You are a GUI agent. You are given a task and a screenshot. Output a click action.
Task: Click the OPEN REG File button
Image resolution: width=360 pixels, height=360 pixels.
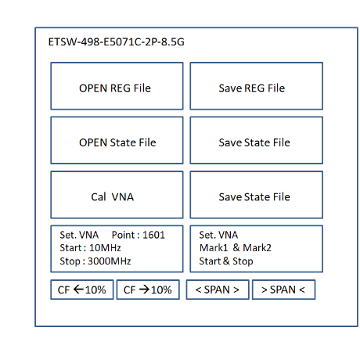(x=117, y=86)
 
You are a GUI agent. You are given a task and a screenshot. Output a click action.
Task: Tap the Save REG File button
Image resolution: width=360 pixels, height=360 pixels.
(x=257, y=86)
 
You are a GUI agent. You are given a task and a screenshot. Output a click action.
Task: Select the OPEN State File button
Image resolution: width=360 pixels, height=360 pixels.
(x=117, y=140)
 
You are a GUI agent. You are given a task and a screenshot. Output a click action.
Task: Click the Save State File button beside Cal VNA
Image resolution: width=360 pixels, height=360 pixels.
(x=257, y=195)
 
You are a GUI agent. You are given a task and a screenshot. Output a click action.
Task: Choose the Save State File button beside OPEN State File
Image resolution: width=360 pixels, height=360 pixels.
(x=257, y=140)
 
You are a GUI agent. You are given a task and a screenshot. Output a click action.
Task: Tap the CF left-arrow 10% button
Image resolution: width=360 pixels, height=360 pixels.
(x=82, y=290)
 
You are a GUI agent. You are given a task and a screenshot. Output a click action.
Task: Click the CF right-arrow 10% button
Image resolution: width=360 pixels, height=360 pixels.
(x=148, y=290)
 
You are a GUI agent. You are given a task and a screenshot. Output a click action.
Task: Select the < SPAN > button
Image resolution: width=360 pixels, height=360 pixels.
(x=218, y=290)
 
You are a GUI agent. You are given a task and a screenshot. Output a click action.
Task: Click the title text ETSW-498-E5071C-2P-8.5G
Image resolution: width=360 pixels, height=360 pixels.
(x=117, y=42)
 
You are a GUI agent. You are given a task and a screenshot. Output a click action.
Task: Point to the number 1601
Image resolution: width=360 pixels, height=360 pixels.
(x=154, y=235)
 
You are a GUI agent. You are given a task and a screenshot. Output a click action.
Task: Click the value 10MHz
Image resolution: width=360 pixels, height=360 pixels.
(x=105, y=248)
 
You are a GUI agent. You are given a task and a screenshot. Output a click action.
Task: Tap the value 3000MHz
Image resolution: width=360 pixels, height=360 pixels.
(x=110, y=261)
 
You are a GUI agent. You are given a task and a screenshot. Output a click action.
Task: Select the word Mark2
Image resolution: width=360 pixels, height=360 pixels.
(x=257, y=248)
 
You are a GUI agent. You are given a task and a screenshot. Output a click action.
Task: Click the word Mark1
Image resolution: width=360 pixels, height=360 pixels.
(x=214, y=248)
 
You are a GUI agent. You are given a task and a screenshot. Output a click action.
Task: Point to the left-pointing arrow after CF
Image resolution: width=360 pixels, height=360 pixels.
(x=78, y=290)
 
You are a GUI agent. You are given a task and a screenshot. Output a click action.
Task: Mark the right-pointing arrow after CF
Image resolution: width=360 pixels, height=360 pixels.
(x=144, y=290)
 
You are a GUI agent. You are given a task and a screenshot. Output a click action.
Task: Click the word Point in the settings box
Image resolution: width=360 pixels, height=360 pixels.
(x=123, y=235)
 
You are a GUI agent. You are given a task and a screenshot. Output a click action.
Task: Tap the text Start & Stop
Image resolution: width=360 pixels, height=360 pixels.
(x=226, y=261)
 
